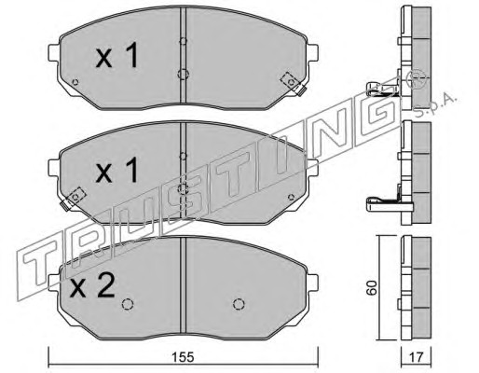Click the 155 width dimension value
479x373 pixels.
coord(183,357)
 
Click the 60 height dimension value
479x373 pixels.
coord(372,287)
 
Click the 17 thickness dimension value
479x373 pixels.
coord(416,357)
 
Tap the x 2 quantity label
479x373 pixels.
coord(92,286)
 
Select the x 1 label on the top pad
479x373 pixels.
coord(116,56)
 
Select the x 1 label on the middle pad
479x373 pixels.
coord(116,170)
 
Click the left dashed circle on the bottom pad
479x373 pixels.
coord(128,304)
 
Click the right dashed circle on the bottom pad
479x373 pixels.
coord(239,304)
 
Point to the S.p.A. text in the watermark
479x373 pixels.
coord(435,104)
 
